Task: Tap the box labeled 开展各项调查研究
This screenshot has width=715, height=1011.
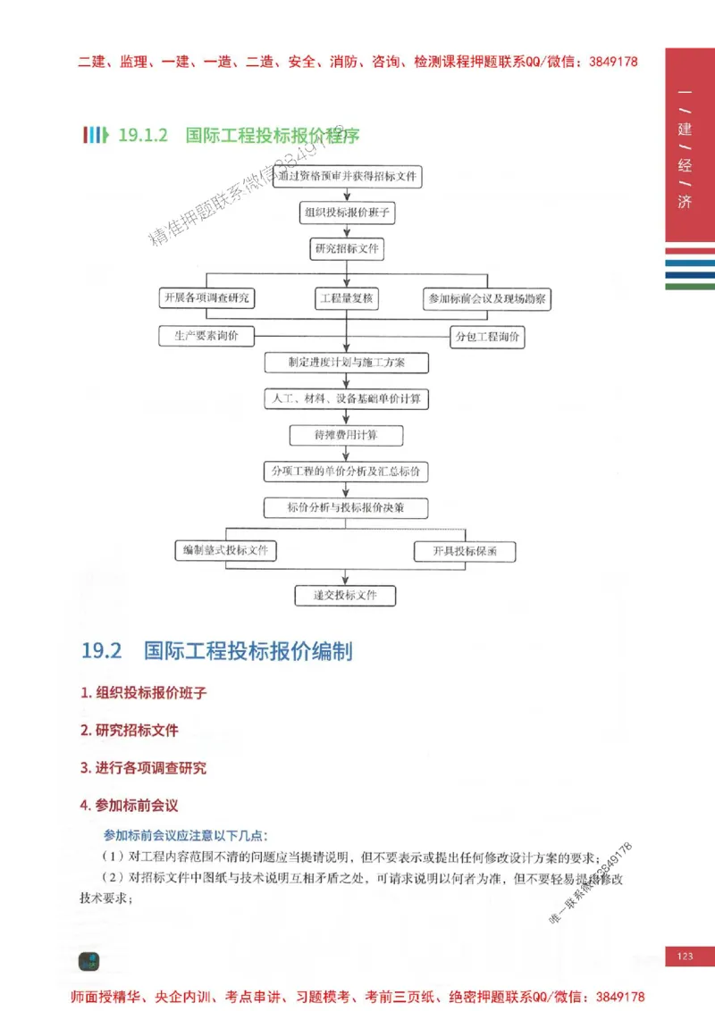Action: click(206, 298)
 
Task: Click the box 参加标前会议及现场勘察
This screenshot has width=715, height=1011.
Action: click(487, 298)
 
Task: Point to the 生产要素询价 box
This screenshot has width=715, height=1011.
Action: click(206, 336)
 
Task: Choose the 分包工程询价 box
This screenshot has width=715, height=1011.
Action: click(487, 337)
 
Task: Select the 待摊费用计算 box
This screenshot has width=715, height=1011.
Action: click(346, 435)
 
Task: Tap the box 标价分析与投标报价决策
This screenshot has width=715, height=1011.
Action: click(346, 508)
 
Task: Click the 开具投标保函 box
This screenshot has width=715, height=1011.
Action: click(466, 551)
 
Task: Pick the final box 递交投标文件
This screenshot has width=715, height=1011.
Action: click(345, 595)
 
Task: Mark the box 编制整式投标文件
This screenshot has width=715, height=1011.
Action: click(225, 551)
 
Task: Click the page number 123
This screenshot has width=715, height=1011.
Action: click(686, 957)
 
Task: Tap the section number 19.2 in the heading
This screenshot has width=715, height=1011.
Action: click(101, 651)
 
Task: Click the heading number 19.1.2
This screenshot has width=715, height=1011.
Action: click(143, 136)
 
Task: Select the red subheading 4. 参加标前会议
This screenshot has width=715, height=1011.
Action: click(130, 806)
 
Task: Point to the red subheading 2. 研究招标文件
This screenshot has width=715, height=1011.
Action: click(130, 731)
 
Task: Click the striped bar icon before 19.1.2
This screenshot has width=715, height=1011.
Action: click(96, 136)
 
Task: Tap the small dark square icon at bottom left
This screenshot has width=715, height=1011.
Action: click(88, 961)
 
